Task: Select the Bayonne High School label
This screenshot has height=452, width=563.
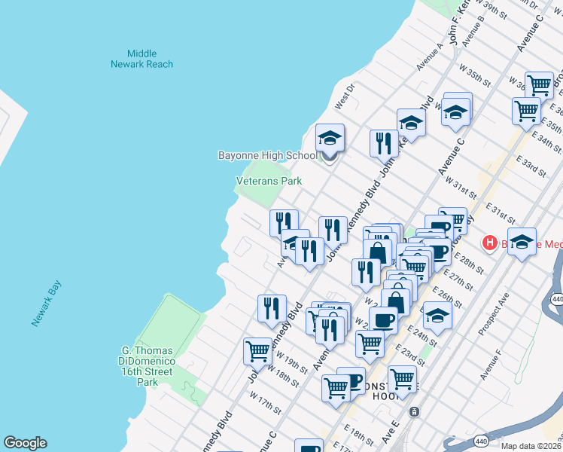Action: click(266, 156)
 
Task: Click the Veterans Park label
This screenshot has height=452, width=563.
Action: click(269, 182)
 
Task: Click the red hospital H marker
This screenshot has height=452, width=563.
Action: click(490, 244)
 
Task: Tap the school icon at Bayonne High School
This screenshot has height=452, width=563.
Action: click(330, 139)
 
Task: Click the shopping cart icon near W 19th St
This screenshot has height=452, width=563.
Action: click(257, 350)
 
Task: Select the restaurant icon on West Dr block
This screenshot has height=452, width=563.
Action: click(384, 142)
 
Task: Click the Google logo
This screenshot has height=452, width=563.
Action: click(25, 443)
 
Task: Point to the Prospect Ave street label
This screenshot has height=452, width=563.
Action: click(495, 314)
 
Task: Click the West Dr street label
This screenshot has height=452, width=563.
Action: click(344, 98)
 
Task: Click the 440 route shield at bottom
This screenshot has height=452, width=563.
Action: click(482, 440)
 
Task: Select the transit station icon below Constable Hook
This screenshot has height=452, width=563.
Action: click(414, 412)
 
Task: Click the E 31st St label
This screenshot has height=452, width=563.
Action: click(500, 213)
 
